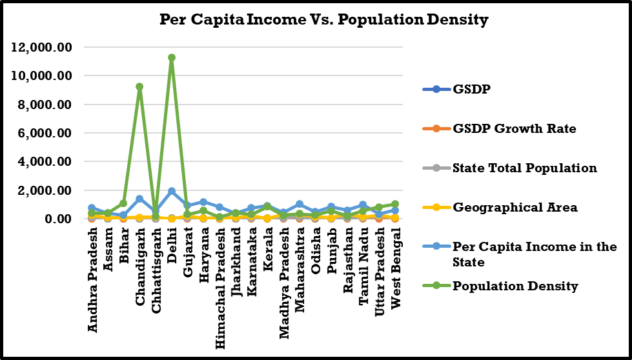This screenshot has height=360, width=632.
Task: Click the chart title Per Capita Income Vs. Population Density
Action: pos(323,20)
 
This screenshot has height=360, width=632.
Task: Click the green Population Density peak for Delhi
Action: pos(172,57)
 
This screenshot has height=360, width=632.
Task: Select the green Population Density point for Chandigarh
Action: pos(139,86)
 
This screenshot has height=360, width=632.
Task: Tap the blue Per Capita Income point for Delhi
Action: pos(172,192)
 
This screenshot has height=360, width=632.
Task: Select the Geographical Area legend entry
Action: pos(505,207)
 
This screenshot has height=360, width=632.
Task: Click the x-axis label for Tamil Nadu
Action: pos(363,264)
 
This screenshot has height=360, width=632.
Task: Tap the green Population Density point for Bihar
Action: pos(124,203)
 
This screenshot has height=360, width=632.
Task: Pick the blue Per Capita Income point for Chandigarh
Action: pos(139,199)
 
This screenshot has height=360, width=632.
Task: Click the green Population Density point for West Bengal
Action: pos(395,204)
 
